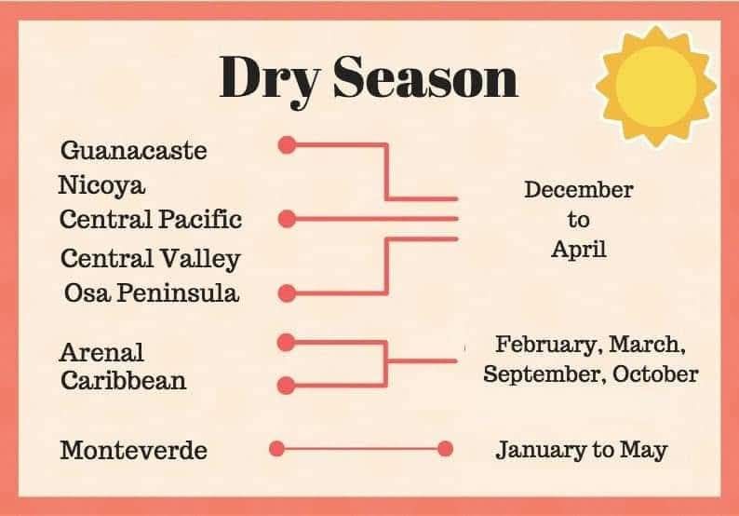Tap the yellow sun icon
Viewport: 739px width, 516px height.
[x=656, y=81]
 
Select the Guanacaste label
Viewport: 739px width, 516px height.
[x=133, y=150]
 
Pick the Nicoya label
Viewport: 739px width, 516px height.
[x=102, y=184]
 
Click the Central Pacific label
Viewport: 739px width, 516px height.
[x=151, y=219]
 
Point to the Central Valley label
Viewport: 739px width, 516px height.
[x=150, y=258]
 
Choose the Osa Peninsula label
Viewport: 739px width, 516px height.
[x=152, y=292]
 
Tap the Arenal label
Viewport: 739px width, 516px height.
[x=102, y=353]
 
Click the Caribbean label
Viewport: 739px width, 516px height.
[x=123, y=380]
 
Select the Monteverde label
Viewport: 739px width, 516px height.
[x=133, y=451]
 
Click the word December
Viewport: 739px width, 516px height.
[x=578, y=190]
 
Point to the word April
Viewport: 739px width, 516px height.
[x=578, y=249]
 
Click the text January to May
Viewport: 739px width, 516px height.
[x=581, y=450]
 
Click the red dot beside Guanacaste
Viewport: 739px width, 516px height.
[x=288, y=144]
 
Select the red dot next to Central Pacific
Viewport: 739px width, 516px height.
[x=288, y=219]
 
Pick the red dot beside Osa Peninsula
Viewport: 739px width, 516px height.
[x=288, y=292]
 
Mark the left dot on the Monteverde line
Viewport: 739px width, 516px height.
[x=276, y=449]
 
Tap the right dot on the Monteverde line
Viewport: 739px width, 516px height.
[x=445, y=449]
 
